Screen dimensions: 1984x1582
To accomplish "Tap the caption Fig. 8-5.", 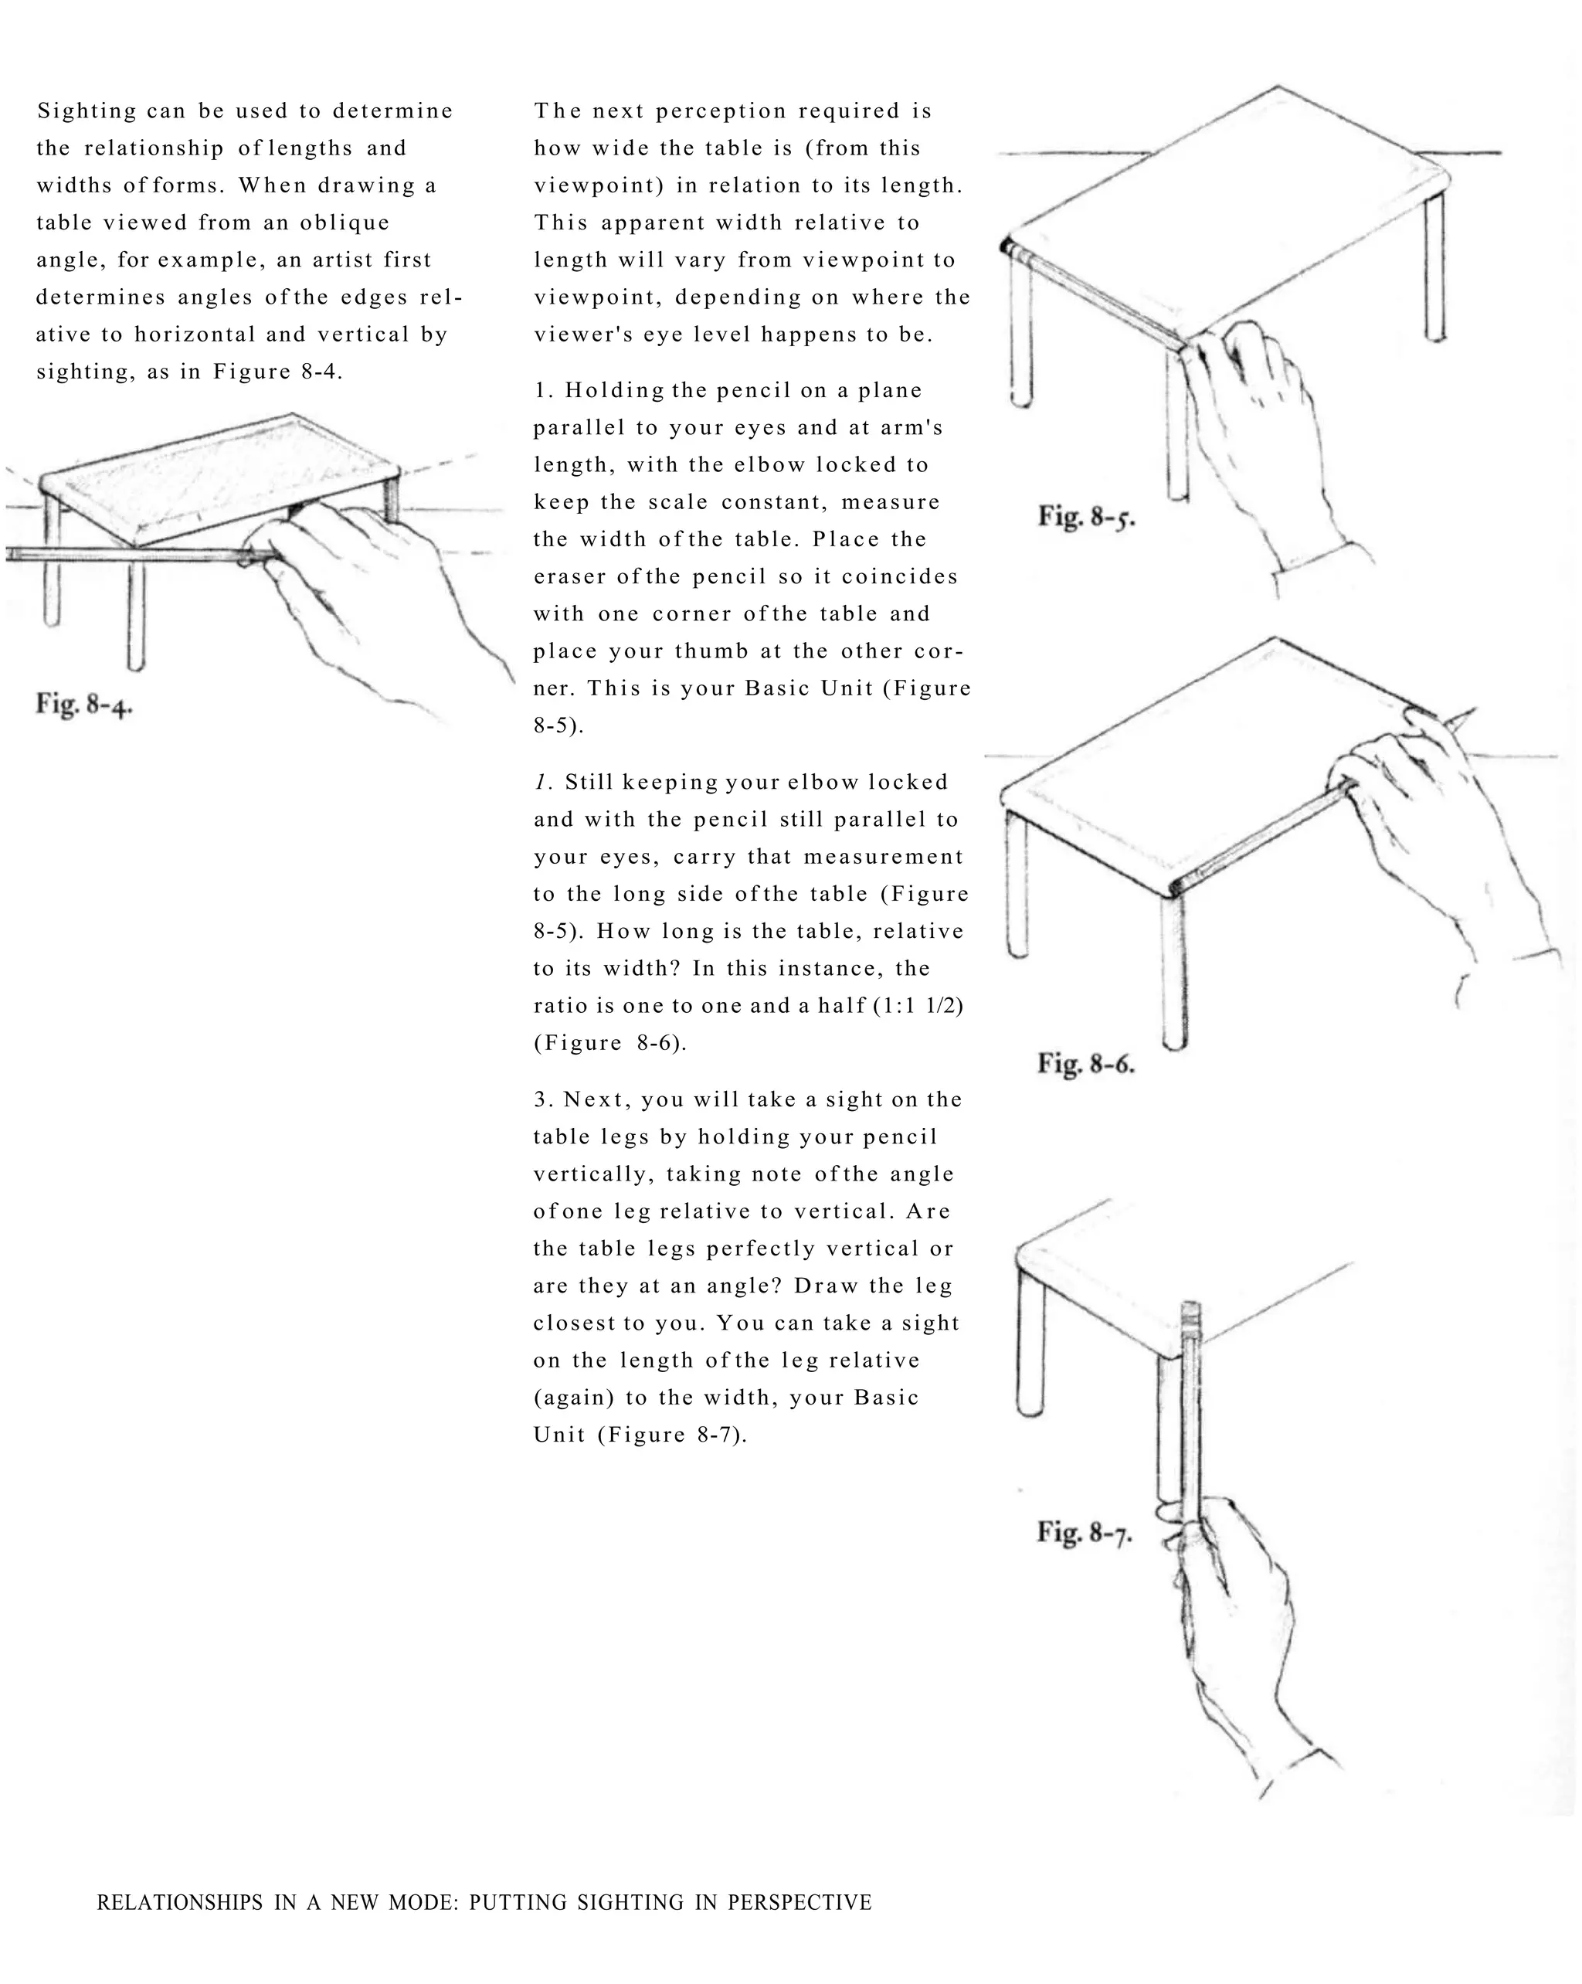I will (1086, 516).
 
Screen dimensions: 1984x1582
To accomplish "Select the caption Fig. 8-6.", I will (1086, 1064).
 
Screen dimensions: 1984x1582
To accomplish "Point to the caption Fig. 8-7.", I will (1084, 1532).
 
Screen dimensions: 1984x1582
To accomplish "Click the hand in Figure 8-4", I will (368, 589).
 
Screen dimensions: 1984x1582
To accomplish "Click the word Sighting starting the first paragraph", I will (87, 111).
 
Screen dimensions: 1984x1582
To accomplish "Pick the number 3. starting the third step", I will (542, 1099).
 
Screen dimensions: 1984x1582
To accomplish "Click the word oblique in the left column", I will (345, 223).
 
